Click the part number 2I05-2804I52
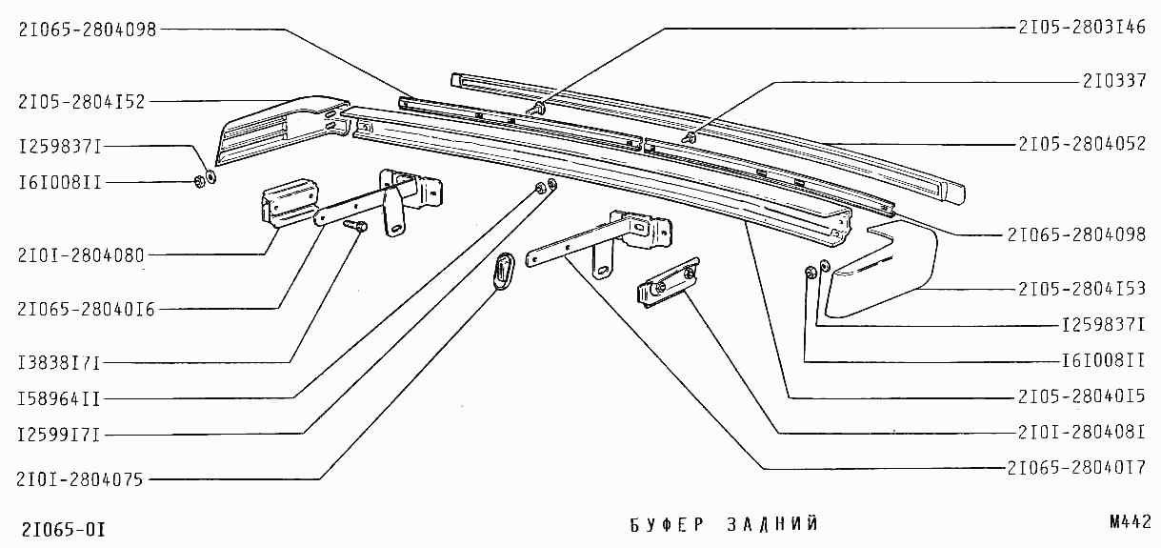[81, 101]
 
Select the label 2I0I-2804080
[81, 255]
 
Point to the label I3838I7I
[58, 362]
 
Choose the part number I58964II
[58, 398]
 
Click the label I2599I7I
[58, 435]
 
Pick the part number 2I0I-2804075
[81, 480]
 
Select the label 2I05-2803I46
[1082, 28]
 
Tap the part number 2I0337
[1113, 81]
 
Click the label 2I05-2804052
[1082, 145]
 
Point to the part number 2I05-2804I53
[1082, 288]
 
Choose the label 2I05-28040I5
[1082, 396]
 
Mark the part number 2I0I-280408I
[1082, 432]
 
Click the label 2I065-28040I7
[1076, 468]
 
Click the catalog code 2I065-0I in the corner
[63, 530]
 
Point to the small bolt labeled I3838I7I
[358, 227]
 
